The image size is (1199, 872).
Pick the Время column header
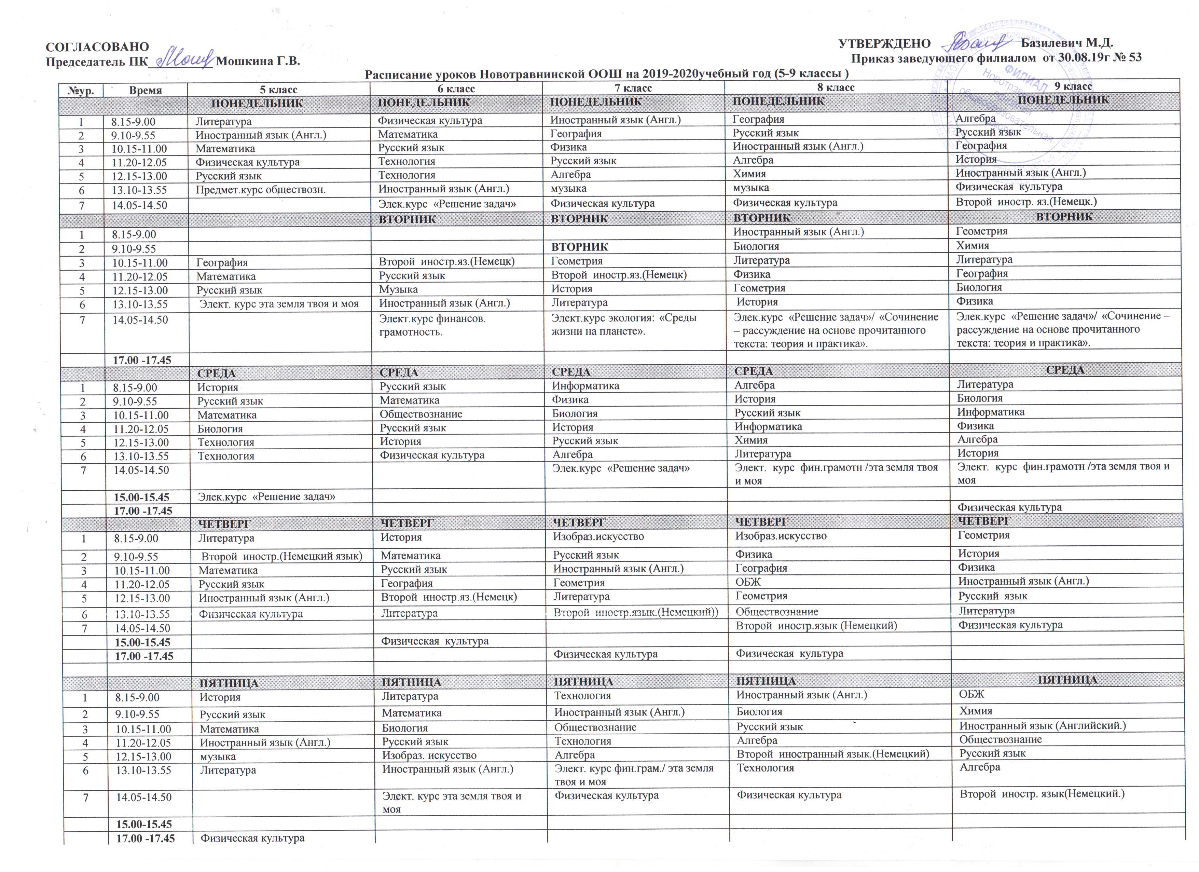[146, 90]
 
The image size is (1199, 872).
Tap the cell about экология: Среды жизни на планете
[624, 325]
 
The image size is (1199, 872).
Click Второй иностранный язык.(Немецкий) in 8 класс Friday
[833, 753]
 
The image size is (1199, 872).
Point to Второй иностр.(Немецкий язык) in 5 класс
[282, 556]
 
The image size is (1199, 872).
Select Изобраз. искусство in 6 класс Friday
[429, 756]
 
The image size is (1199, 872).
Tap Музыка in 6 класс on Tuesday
[399, 289]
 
